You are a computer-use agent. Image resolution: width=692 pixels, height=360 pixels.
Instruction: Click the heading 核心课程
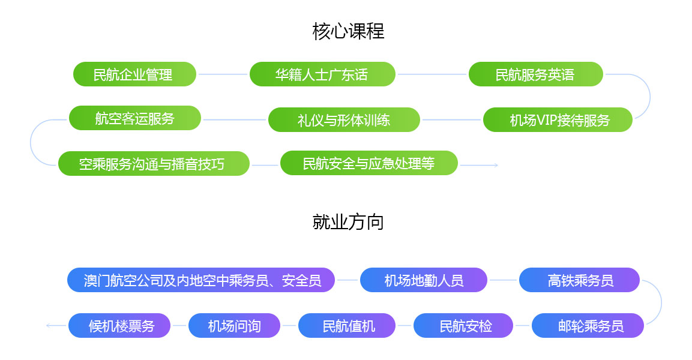coord(348,31)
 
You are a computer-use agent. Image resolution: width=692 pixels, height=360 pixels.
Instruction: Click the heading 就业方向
coord(348,222)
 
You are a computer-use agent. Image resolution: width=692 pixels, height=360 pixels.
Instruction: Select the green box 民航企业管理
coord(134,74)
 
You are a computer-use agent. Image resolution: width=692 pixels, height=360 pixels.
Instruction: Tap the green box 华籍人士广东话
coord(322,74)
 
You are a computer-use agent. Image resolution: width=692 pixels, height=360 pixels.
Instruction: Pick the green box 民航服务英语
coord(536,74)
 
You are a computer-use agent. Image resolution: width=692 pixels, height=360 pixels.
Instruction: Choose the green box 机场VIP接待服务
coord(558,119)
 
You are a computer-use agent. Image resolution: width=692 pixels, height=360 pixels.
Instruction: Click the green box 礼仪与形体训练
coord(344,119)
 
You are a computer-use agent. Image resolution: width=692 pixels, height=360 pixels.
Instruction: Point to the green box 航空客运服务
coord(135,118)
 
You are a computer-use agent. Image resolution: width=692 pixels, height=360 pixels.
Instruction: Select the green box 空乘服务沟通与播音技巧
coord(154,164)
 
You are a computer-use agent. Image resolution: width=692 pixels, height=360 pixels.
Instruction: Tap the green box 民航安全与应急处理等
coord(369,163)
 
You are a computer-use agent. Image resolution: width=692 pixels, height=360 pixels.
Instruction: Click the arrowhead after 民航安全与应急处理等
coord(496,165)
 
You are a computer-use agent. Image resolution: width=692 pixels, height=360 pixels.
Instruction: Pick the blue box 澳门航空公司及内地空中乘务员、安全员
coord(201,280)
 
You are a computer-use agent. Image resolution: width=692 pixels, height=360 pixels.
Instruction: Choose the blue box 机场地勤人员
coord(424,280)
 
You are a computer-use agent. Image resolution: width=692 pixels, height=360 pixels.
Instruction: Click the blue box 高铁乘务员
coord(579,280)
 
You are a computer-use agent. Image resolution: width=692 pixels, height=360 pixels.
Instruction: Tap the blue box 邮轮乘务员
coord(588,326)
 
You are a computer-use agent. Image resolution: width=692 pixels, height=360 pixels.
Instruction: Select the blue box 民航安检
coord(463,326)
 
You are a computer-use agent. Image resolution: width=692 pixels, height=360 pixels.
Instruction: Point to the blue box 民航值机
coord(347,326)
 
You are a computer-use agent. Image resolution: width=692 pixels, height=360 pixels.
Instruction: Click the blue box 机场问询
coord(234,326)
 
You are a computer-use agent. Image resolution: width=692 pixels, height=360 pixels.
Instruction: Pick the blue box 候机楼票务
coord(119,326)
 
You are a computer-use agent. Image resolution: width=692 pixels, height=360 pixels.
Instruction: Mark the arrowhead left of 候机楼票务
coord(48,326)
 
